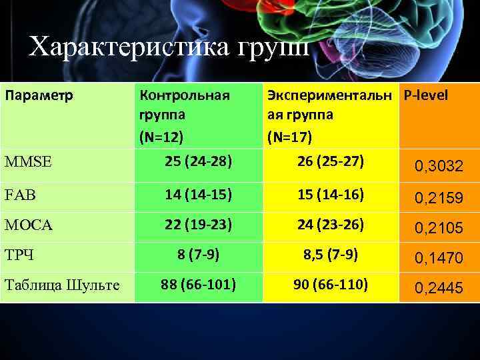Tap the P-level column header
425,95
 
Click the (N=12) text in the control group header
161,137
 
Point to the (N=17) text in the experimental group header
289,137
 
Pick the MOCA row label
29,226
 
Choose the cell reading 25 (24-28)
199,161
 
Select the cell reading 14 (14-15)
199,195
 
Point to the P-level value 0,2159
439,199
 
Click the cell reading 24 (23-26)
331,225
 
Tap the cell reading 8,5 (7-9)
331,254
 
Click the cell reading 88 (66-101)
199,285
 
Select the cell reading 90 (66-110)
331,285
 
